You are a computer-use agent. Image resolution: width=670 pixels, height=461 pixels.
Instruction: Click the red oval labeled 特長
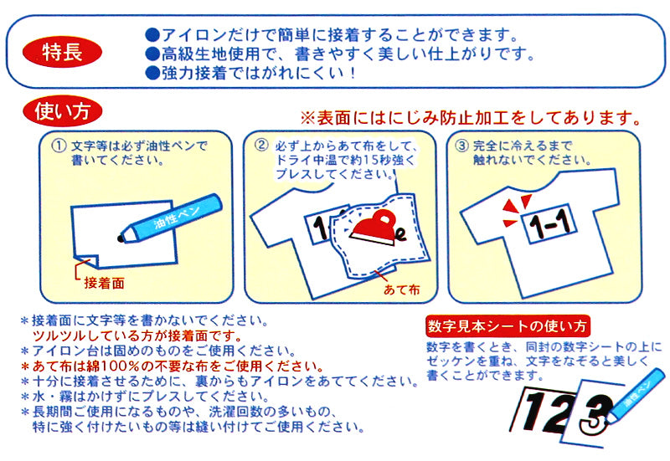click(x=62, y=52)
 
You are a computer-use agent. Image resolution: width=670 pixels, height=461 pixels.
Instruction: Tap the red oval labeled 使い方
click(x=62, y=111)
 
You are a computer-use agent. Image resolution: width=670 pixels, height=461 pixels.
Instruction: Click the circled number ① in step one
click(x=59, y=146)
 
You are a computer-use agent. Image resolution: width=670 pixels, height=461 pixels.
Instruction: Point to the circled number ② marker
click(x=261, y=145)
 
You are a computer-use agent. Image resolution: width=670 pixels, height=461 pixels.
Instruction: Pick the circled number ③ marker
click(x=462, y=146)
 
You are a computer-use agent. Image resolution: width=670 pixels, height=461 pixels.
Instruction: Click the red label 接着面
click(x=104, y=283)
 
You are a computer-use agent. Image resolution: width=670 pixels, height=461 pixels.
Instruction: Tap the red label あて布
click(x=402, y=289)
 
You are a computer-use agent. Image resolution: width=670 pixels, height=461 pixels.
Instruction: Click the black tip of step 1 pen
click(x=121, y=238)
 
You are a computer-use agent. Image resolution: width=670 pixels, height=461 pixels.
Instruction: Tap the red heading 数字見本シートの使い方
click(x=508, y=326)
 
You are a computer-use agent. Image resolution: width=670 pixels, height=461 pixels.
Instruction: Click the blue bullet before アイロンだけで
click(x=152, y=35)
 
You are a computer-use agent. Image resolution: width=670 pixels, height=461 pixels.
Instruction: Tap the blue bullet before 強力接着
click(x=152, y=74)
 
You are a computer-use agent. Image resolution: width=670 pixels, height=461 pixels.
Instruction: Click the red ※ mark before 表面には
click(x=307, y=118)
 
